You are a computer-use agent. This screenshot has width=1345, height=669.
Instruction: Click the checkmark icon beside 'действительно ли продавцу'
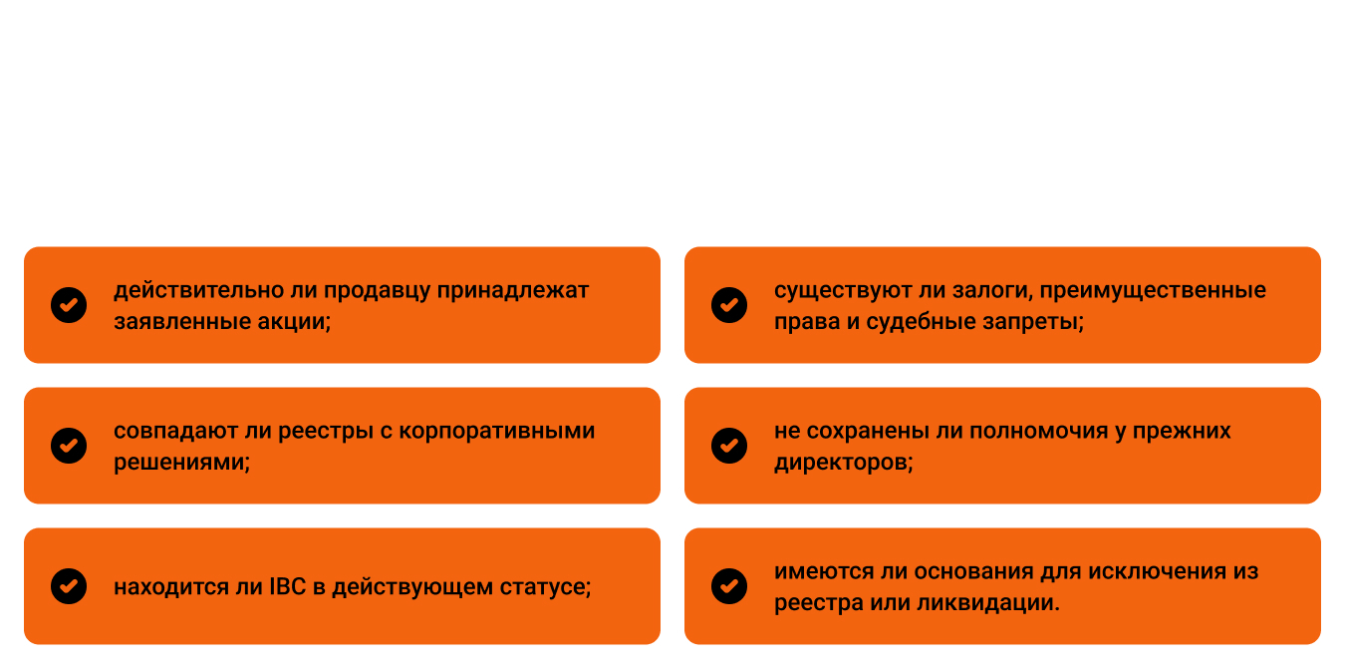[x=69, y=305]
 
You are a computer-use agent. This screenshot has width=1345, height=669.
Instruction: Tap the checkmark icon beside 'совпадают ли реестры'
[x=69, y=446]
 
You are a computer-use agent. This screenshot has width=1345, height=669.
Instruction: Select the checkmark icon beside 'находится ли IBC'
[x=69, y=586]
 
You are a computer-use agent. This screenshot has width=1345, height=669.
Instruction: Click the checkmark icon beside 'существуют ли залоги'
[x=729, y=305]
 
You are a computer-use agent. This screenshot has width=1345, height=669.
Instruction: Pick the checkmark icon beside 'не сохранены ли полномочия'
[x=729, y=446]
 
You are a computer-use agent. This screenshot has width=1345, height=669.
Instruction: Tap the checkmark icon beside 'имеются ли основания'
[x=729, y=586]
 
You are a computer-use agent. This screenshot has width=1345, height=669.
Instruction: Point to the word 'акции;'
[x=294, y=322]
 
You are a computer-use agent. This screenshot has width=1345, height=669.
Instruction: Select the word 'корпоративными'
[x=496, y=432]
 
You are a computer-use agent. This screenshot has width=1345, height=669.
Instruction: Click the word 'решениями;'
[x=182, y=463]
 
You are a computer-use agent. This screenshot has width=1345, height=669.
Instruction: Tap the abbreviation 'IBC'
[x=288, y=586]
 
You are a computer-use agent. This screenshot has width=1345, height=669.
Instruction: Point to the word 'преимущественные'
[x=1153, y=291]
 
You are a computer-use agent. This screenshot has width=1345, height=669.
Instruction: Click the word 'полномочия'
[x=1040, y=432]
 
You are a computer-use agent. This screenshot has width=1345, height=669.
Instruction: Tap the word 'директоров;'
[x=844, y=463]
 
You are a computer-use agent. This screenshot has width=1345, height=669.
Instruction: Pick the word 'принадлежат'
[x=513, y=291]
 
